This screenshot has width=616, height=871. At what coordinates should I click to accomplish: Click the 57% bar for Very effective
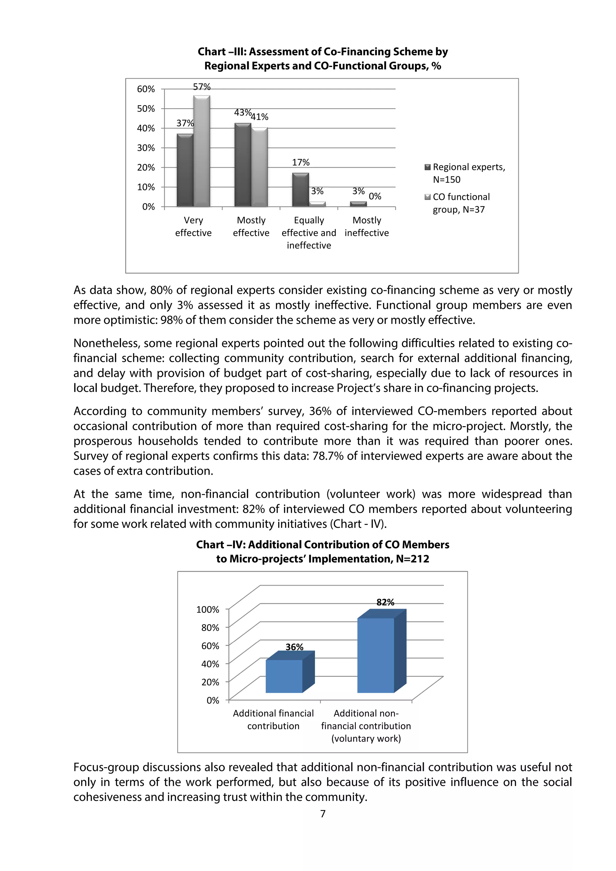202,152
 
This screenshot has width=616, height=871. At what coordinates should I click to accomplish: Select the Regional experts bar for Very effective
185,171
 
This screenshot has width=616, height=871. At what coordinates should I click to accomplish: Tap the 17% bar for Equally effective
300,190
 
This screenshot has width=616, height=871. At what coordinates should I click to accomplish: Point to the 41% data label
260,117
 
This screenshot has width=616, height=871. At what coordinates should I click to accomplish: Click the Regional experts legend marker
427,167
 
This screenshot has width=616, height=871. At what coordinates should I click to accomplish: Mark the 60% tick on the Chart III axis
146,89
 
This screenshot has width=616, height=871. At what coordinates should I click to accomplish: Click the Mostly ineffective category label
367,227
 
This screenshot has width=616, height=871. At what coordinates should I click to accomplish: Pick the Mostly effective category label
251,227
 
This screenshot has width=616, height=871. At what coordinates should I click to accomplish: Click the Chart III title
323,59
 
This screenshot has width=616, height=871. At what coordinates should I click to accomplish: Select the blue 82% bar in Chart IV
376,655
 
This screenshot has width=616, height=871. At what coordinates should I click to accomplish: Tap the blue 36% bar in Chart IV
284,676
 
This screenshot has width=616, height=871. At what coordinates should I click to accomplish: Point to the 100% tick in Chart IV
208,610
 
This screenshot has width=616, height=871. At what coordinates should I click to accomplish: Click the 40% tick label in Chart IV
210,664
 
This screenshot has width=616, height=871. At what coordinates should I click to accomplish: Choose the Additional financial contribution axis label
273,720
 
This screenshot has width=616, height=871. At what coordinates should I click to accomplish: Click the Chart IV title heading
323,552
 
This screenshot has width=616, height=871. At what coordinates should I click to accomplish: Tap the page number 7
323,814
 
